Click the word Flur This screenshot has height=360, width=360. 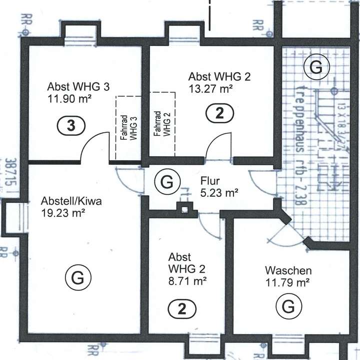point(210,180)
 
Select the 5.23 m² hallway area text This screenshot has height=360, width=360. point(218,192)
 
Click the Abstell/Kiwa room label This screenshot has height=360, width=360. point(71,202)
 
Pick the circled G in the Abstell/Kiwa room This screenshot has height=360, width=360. point(77,277)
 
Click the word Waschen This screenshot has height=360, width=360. point(288,271)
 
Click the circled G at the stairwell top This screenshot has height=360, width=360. point(315,67)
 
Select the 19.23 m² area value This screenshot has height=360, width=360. point(62,213)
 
